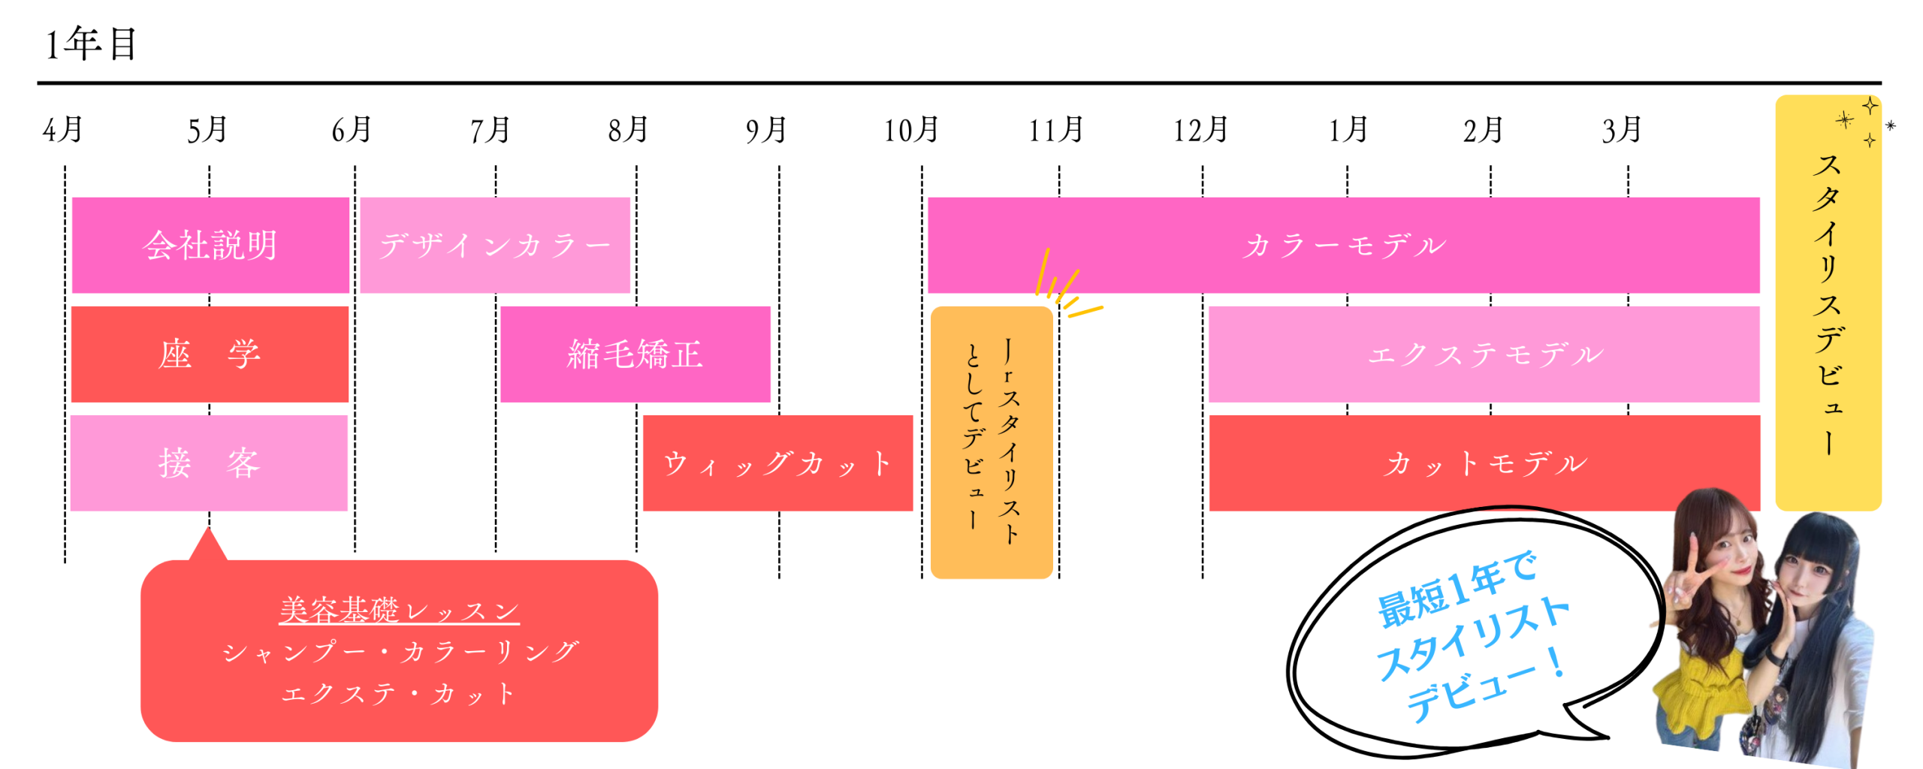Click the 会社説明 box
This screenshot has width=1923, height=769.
210,245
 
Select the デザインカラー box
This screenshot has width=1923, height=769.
495,245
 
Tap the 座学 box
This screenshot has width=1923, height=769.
210,354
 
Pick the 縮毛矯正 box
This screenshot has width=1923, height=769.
635,354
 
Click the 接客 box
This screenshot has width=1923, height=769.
209,463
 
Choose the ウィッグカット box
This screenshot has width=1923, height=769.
777,463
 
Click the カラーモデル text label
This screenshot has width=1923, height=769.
1344,246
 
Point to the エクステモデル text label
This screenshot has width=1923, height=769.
1484,354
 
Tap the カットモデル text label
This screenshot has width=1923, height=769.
1484,463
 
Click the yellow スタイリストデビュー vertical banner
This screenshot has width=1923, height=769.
1828,303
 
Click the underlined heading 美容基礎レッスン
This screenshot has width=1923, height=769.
399,611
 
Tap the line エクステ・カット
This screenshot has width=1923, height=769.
399,693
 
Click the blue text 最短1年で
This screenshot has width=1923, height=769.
1457,590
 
